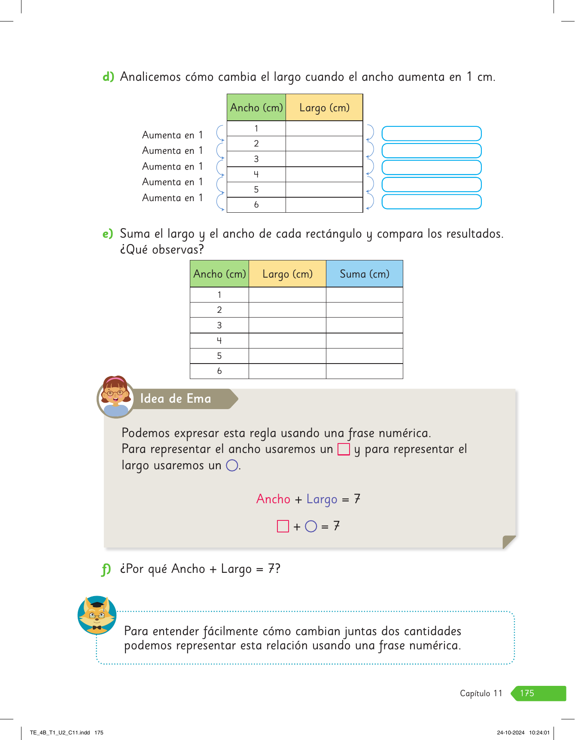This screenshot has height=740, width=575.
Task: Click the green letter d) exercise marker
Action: pyautogui.click(x=108, y=77)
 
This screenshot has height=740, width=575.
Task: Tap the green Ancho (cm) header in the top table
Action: pyautogui.click(x=256, y=107)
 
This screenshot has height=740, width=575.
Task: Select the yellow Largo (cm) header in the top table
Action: pyautogui.click(x=324, y=107)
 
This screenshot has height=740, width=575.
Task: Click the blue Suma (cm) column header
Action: pyautogui.click(x=364, y=274)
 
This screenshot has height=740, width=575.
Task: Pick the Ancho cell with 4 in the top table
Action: pyautogui.click(x=256, y=174)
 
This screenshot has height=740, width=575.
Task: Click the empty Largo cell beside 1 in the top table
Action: pyautogui.click(x=324, y=128)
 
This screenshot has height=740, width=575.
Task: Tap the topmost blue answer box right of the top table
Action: pyautogui.click(x=432, y=134)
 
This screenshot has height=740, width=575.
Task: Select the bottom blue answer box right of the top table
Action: pyautogui.click(x=432, y=202)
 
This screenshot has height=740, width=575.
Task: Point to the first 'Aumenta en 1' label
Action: pyautogui.click(x=172, y=135)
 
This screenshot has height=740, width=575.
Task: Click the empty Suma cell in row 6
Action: pyautogui.click(x=364, y=371)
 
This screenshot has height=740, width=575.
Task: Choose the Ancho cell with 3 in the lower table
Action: pyautogui.click(x=219, y=325)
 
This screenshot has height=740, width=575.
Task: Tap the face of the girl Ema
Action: pyautogui.click(x=115, y=393)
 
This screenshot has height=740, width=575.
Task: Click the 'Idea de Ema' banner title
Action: pyautogui.click(x=176, y=398)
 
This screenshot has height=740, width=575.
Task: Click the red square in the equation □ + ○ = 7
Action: pyautogui.click(x=283, y=526)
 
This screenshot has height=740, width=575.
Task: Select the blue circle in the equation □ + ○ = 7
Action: pyautogui.click(x=311, y=526)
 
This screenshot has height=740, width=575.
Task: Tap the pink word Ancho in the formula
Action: pyautogui.click(x=273, y=499)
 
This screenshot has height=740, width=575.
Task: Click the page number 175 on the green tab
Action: pyautogui.click(x=527, y=693)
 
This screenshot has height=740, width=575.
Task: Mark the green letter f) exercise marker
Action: pyautogui.click(x=106, y=569)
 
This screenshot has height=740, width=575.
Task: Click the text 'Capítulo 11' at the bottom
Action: pyautogui.click(x=481, y=693)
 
